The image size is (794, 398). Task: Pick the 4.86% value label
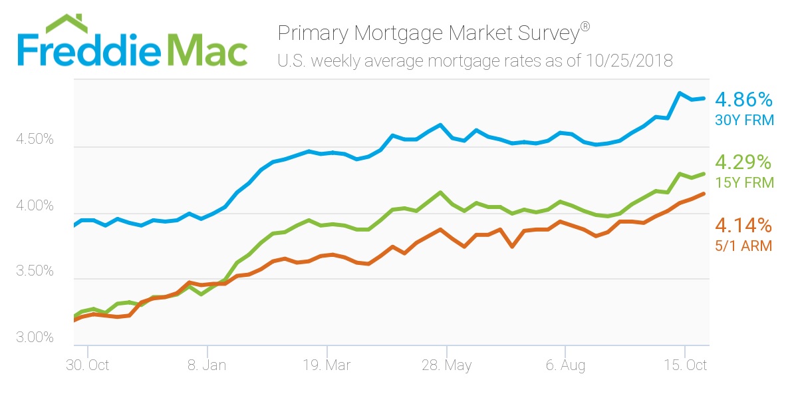pyautogui.click(x=743, y=100)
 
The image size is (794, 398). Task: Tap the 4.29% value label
pyautogui.click(x=743, y=162)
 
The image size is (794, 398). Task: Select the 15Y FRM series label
pyautogui.click(x=743, y=182)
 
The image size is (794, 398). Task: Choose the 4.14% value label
pyautogui.click(x=743, y=224)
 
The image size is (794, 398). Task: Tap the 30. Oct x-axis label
pyautogui.click(x=88, y=366)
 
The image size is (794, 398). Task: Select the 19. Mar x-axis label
pyautogui.click(x=327, y=366)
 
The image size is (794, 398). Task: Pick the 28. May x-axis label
pyautogui.click(x=447, y=366)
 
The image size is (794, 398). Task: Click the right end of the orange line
pyautogui.click(x=704, y=194)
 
